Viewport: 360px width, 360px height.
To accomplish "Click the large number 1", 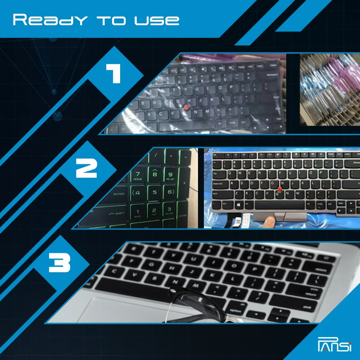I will point(113,73).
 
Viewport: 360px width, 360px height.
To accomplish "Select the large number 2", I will point(86,167).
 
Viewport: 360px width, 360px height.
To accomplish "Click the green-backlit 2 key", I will point(154,211).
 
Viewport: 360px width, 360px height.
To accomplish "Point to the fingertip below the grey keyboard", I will point(269,221).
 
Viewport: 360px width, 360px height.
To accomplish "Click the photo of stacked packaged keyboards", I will point(330,89).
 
